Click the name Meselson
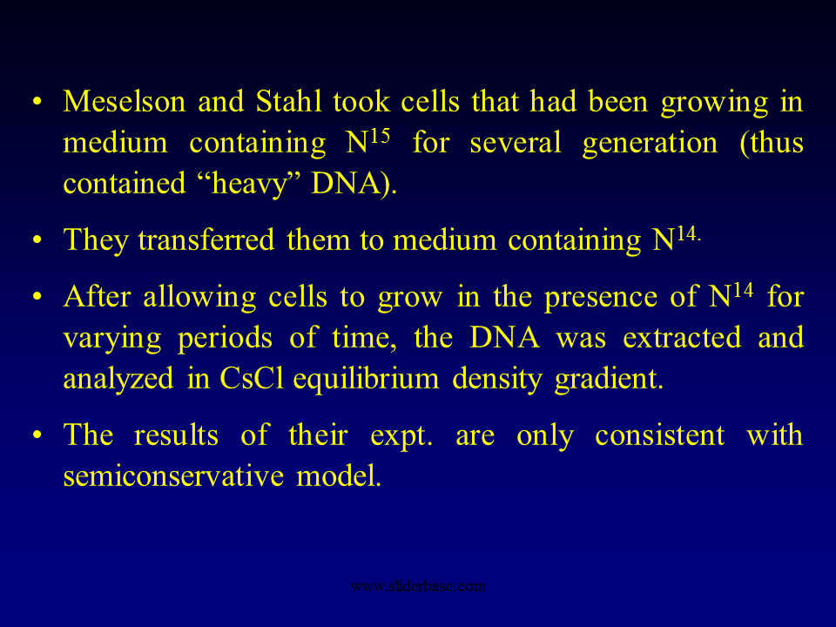[x=123, y=103]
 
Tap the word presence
[x=599, y=298]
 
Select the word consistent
[x=659, y=435]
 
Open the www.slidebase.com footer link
[x=418, y=586]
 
